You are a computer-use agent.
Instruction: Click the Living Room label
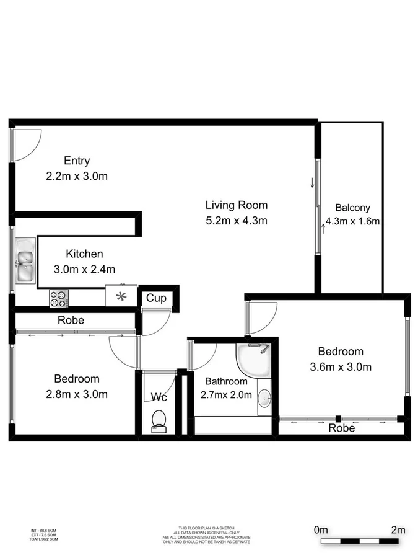237,205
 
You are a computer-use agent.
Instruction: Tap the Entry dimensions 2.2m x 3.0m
77,176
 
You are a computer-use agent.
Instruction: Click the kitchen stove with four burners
58,298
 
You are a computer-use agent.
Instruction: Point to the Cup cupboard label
156,298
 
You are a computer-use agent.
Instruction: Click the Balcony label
352,208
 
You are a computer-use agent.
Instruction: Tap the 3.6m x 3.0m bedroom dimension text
341,366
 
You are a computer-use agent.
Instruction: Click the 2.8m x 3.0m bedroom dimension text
77,394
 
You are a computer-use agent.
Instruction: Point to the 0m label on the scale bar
321,529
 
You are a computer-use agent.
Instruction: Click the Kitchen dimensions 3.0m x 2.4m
84,269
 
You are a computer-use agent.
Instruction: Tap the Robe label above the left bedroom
71,321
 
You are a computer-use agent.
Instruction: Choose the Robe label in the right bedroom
341,428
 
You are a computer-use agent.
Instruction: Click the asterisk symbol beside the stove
121,296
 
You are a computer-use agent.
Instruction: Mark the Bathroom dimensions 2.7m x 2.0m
226,394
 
